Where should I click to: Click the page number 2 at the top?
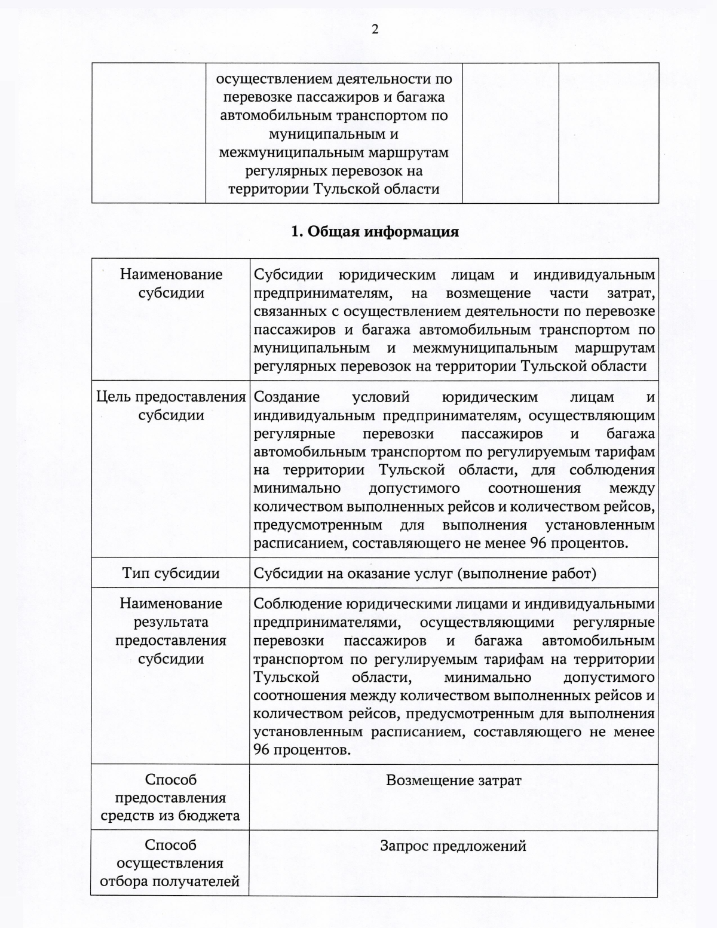(375, 29)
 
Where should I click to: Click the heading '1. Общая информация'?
(375, 232)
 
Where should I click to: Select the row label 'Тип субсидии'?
(171, 574)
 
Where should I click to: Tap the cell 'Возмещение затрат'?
(454, 780)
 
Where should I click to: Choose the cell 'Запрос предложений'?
(453, 846)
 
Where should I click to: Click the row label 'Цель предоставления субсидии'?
(171, 406)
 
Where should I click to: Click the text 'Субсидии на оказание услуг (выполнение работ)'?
(425, 574)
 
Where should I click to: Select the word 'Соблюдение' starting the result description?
(290, 604)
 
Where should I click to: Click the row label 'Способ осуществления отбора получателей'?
(170, 863)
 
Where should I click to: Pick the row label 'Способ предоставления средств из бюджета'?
(170, 798)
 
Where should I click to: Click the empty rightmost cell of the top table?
(608, 133)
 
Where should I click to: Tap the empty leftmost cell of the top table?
(149, 133)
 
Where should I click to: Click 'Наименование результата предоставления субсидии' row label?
(171, 631)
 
